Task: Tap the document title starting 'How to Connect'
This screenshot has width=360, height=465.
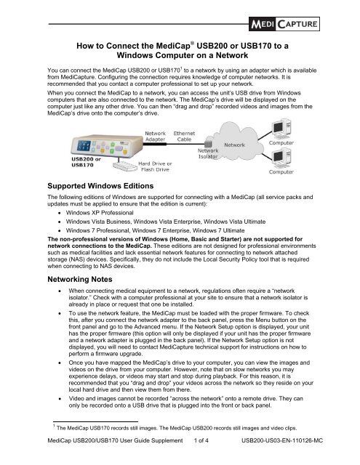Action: [180, 53]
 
